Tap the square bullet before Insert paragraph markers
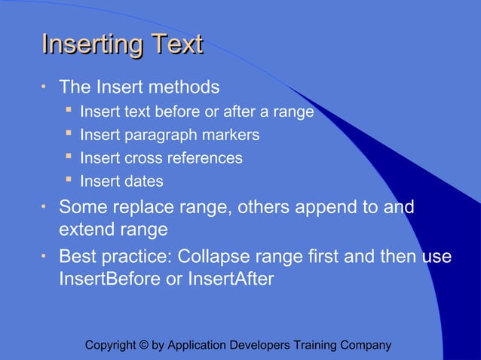[69, 134]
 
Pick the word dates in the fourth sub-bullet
[144, 182]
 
